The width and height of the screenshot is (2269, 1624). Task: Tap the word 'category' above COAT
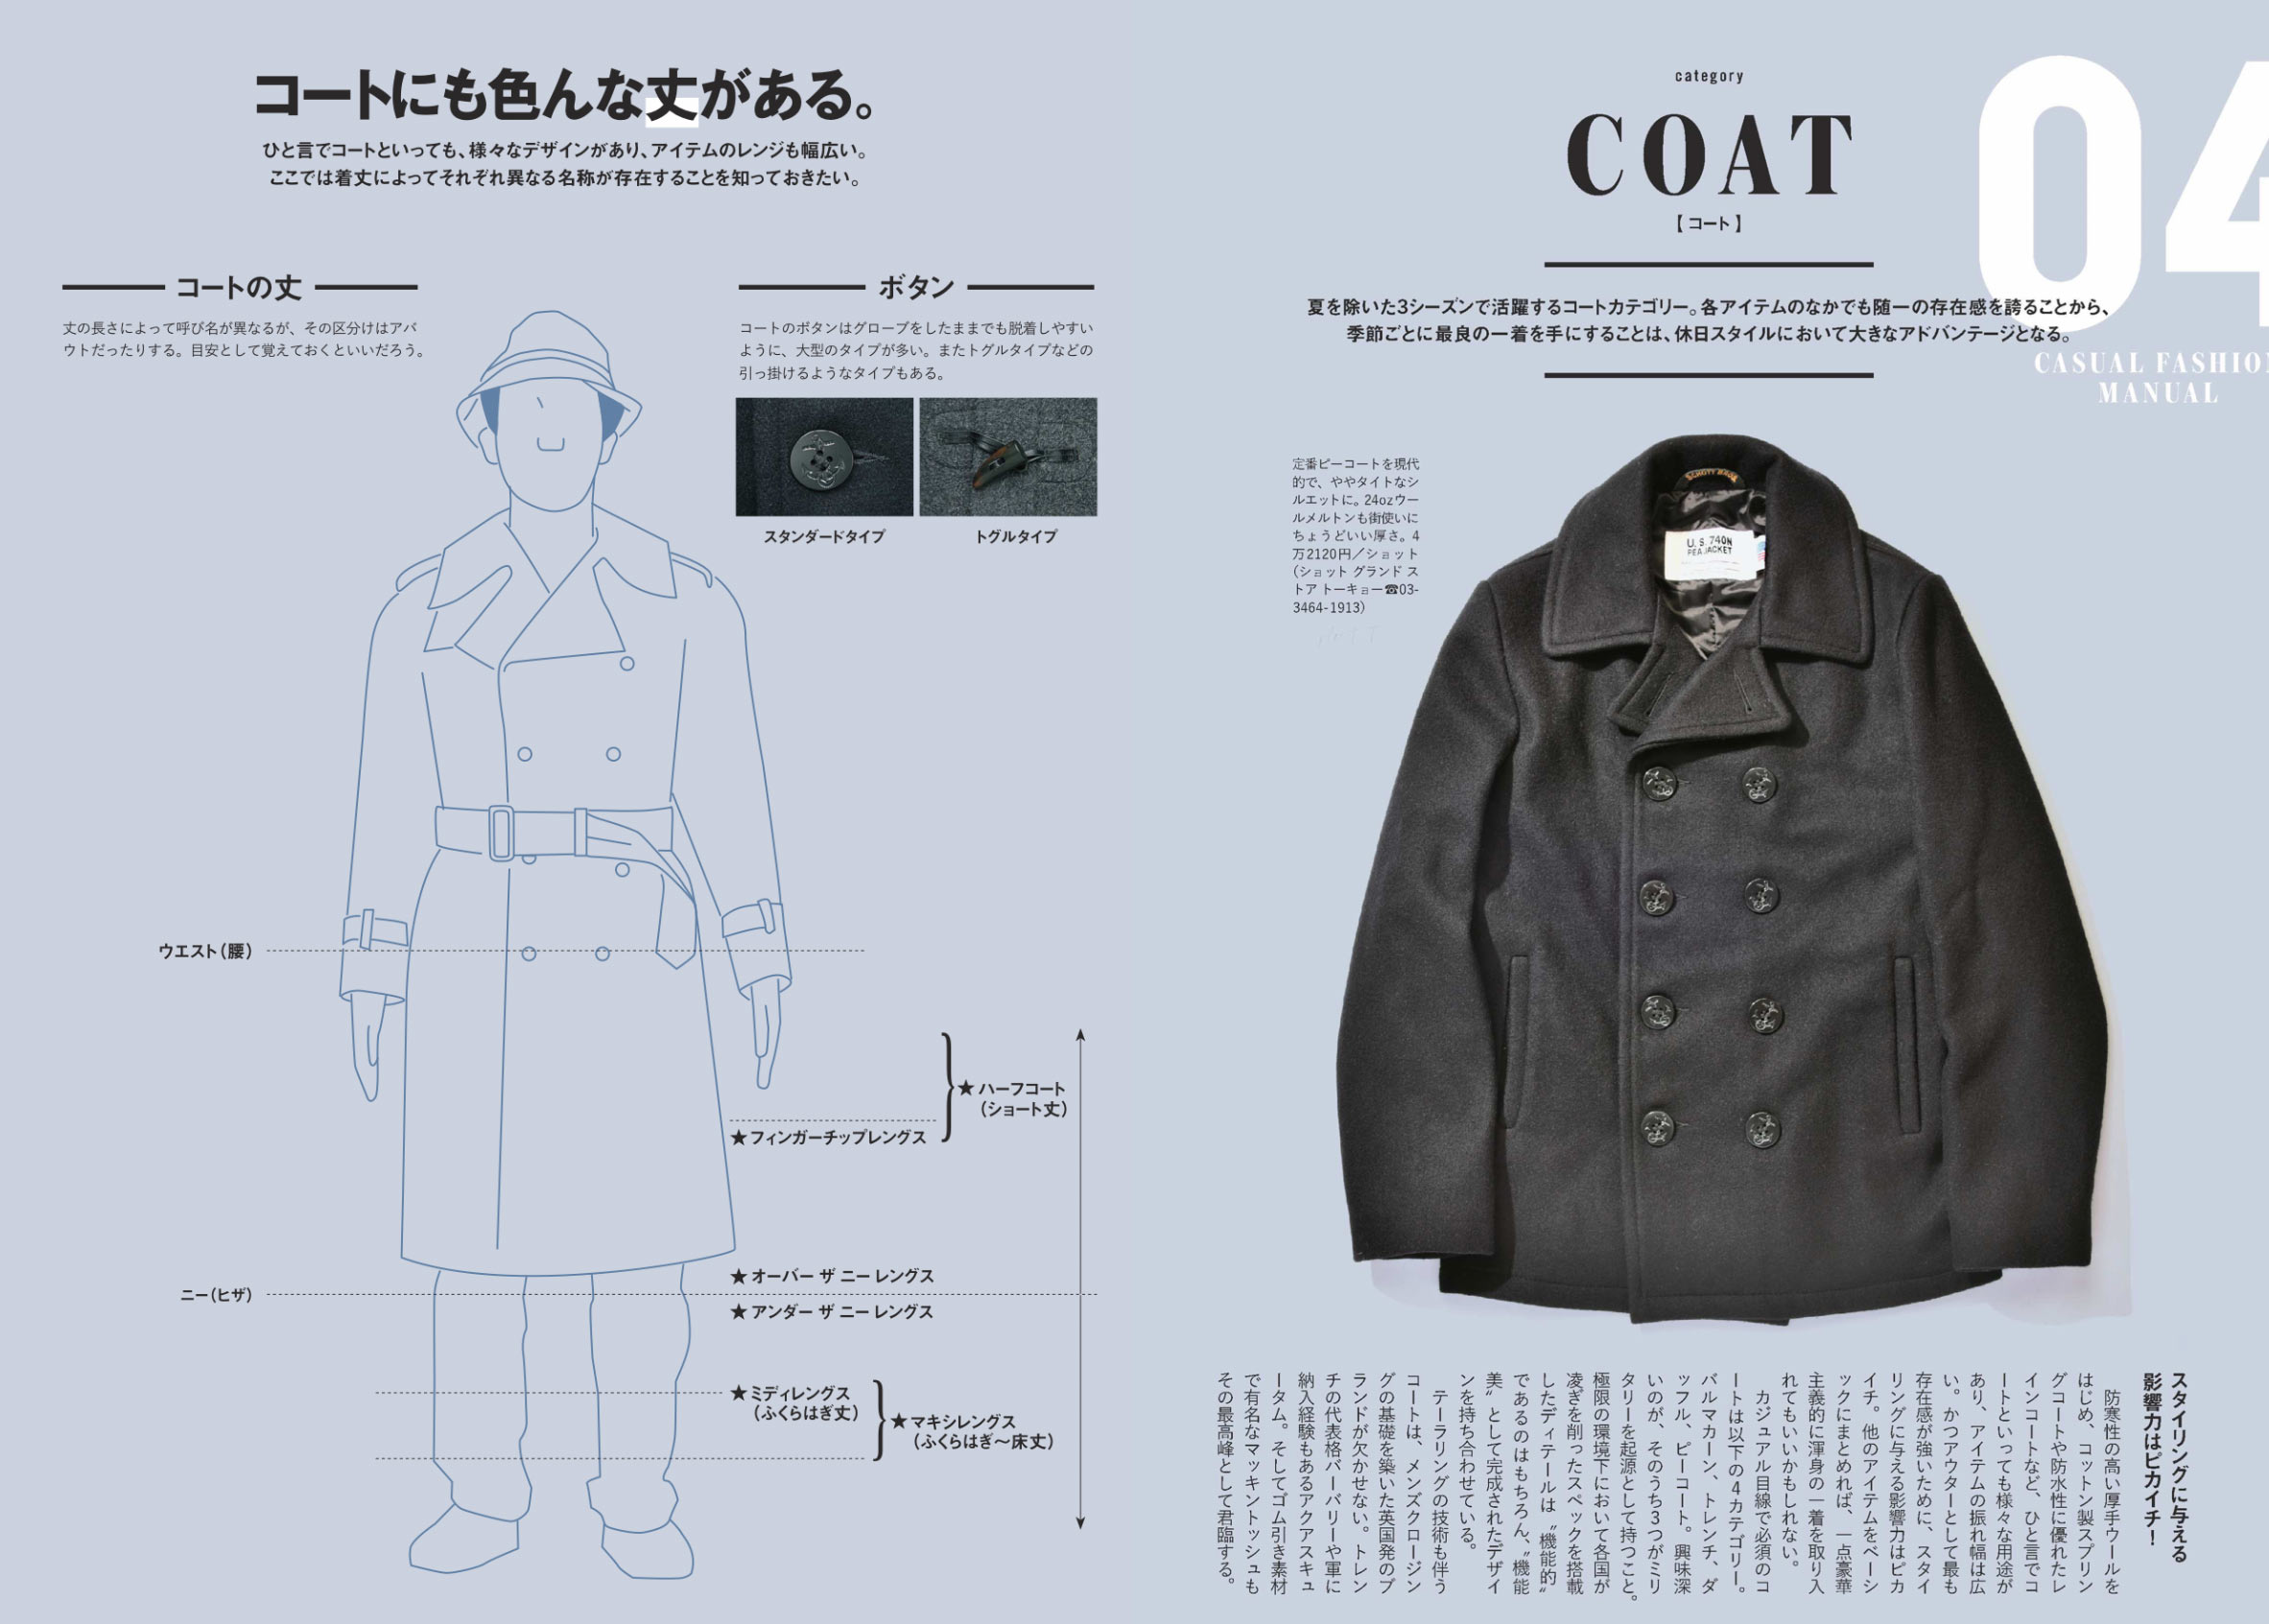click(1709, 76)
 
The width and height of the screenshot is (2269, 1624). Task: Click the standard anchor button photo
click(824, 457)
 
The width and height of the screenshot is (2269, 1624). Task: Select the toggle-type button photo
click(1008, 457)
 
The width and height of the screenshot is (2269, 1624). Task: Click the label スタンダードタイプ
click(824, 537)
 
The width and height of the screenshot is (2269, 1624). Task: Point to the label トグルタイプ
click(1016, 537)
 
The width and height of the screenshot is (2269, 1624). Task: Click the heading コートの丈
click(239, 288)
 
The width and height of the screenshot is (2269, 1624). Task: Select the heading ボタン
click(916, 288)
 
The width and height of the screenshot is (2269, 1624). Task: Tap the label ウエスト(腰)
click(205, 951)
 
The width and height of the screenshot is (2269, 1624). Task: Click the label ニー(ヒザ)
click(216, 1295)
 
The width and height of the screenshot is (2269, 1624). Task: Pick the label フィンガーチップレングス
click(829, 1138)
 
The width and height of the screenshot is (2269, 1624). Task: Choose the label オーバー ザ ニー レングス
click(832, 1276)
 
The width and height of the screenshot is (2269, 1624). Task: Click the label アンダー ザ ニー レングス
click(832, 1311)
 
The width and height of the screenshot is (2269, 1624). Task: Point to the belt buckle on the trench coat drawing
click(502, 832)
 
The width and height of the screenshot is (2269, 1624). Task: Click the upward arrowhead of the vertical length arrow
click(1080, 1034)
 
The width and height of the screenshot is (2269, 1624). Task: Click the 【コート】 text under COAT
click(1709, 224)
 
